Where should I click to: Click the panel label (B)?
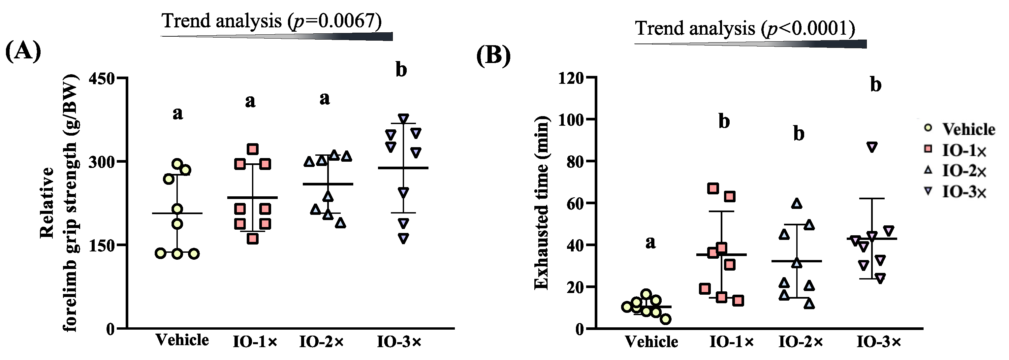click(493, 56)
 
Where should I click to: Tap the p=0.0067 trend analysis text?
click(272, 21)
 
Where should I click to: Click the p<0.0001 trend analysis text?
click(745, 28)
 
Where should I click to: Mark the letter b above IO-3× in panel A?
click(401, 70)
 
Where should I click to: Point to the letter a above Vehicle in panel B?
click(650, 243)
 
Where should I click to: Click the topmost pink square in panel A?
click(253, 149)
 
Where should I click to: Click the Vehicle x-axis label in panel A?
click(182, 340)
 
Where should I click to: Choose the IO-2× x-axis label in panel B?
click(801, 342)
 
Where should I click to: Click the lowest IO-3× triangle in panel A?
click(403, 238)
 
